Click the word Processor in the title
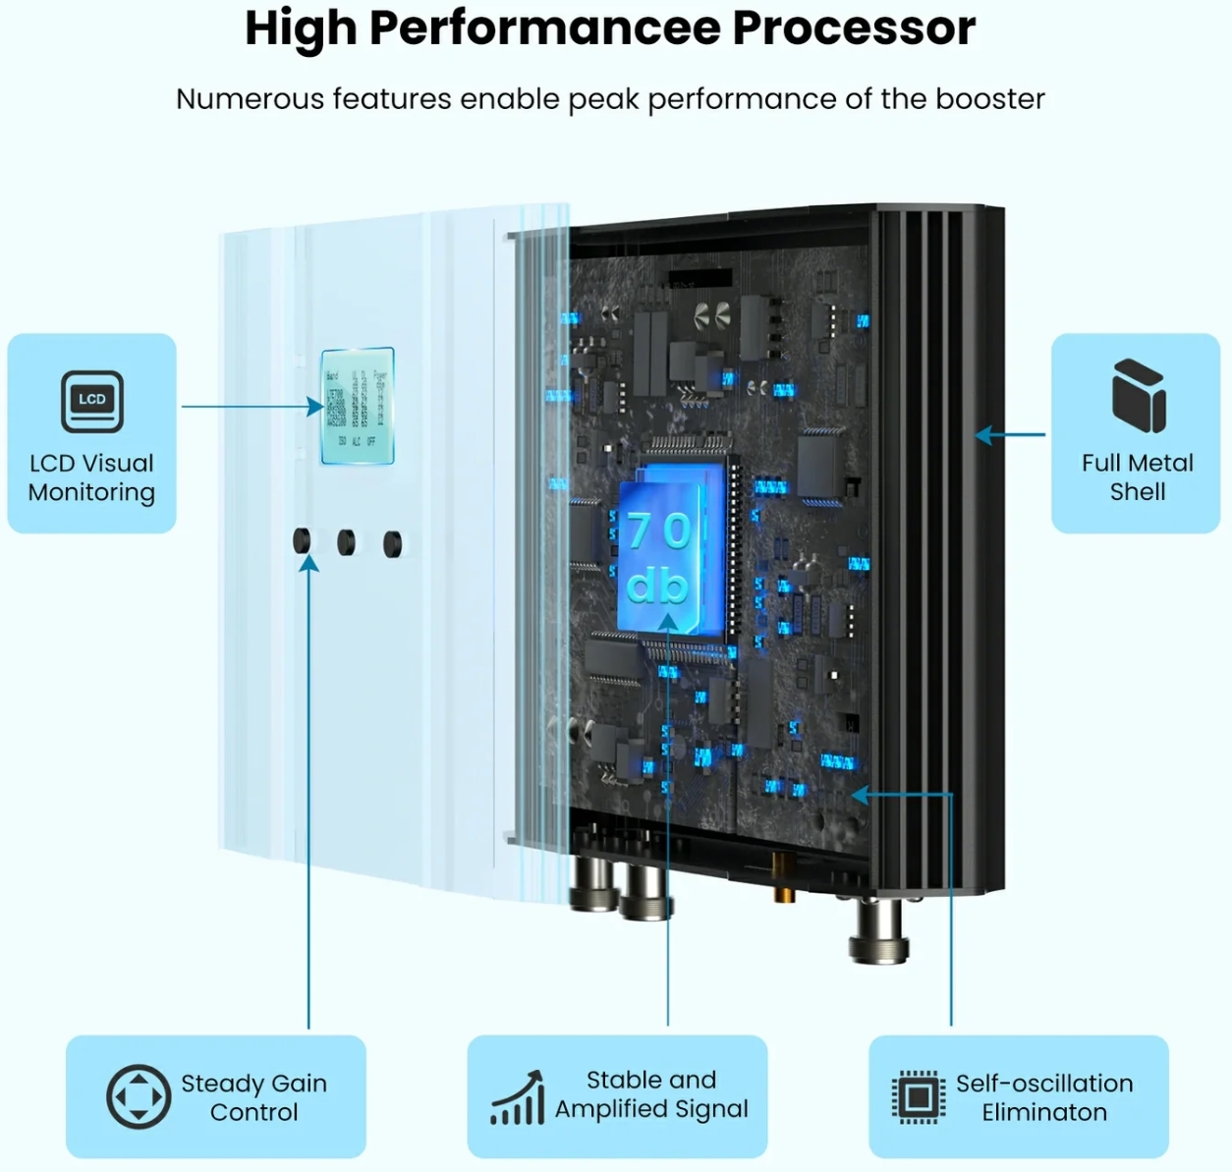854,28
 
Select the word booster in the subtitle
989,99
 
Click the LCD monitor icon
92,401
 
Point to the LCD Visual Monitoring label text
91,477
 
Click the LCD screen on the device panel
358,406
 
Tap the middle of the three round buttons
346,542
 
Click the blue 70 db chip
661,557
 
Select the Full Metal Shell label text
1137,477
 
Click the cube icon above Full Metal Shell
1139,396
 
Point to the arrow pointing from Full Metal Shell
1009,434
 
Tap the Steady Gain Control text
253,1097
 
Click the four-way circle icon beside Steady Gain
139,1096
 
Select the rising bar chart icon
518,1098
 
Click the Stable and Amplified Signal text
651,1094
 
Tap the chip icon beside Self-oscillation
919,1096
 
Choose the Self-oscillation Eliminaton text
1044,1097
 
